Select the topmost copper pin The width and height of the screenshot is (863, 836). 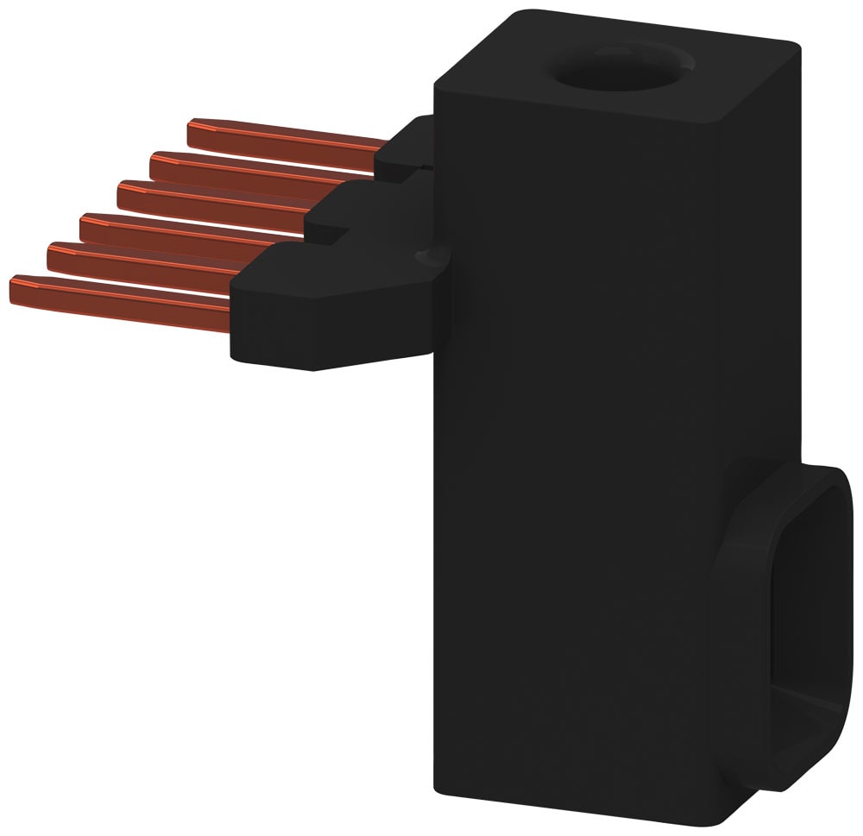(285, 138)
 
